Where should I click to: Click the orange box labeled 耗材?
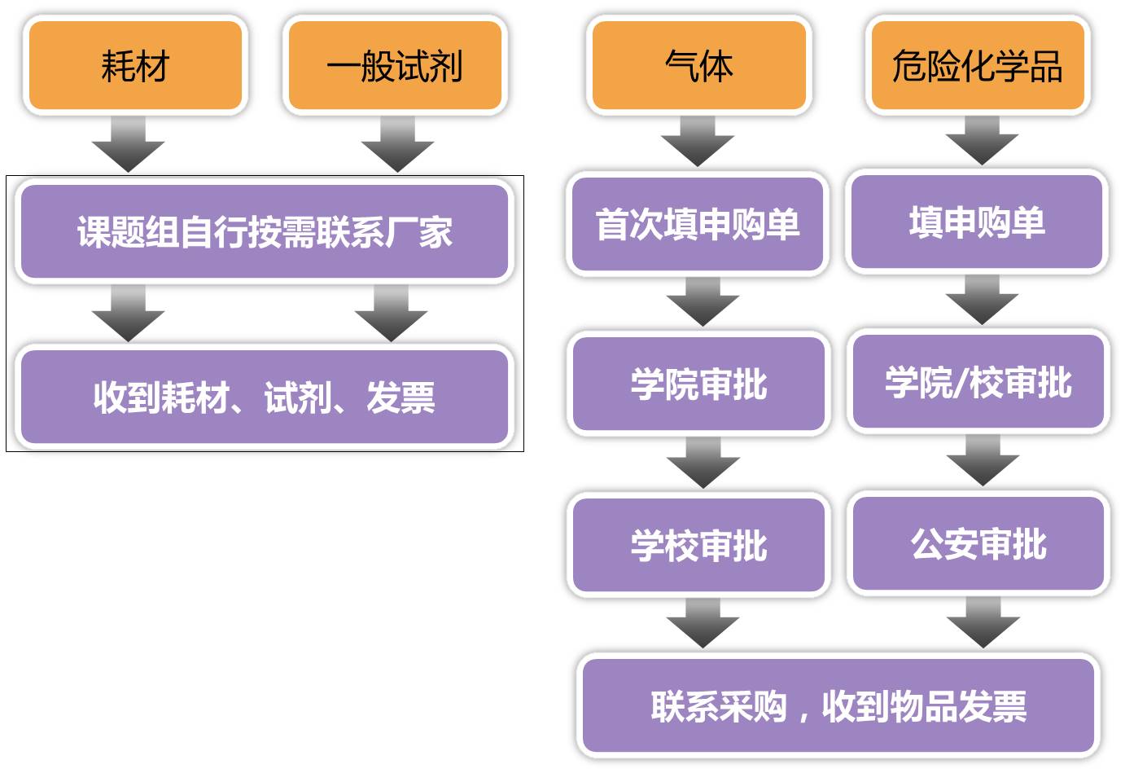click(136, 65)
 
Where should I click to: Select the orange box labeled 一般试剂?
click(396, 65)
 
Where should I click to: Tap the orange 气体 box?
click(699, 65)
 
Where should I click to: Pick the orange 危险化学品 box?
click(978, 65)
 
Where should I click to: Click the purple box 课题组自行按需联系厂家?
click(265, 231)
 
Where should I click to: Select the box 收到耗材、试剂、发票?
click(265, 397)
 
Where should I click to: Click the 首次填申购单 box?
click(698, 224)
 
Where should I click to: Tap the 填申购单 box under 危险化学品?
click(978, 222)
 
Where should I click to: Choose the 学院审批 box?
click(698, 384)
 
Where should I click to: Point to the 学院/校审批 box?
click(978, 381)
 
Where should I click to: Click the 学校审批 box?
click(698, 545)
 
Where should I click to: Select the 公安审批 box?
click(978, 543)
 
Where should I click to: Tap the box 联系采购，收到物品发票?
click(838, 705)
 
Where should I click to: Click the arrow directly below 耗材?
click(128, 144)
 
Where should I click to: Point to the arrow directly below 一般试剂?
click(397, 144)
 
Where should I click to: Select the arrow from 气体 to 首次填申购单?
click(698, 141)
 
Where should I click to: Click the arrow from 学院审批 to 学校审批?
click(703, 463)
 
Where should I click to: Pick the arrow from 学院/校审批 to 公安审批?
click(983, 460)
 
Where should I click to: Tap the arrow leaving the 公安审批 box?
click(983, 622)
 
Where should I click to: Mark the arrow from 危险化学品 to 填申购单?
click(982, 141)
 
